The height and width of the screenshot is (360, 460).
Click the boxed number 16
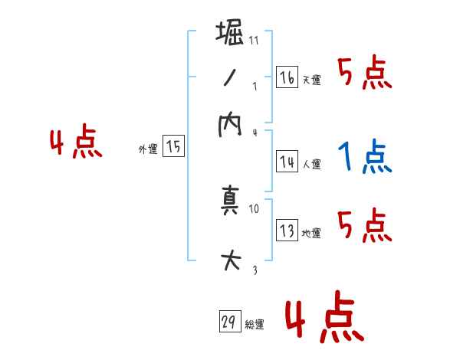coord(287,77)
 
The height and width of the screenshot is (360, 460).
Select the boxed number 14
coord(287,162)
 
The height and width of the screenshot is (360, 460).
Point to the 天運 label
coord(311,80)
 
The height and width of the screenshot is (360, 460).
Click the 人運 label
coord(311,164)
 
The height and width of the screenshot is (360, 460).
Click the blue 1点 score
coord(363,158)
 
